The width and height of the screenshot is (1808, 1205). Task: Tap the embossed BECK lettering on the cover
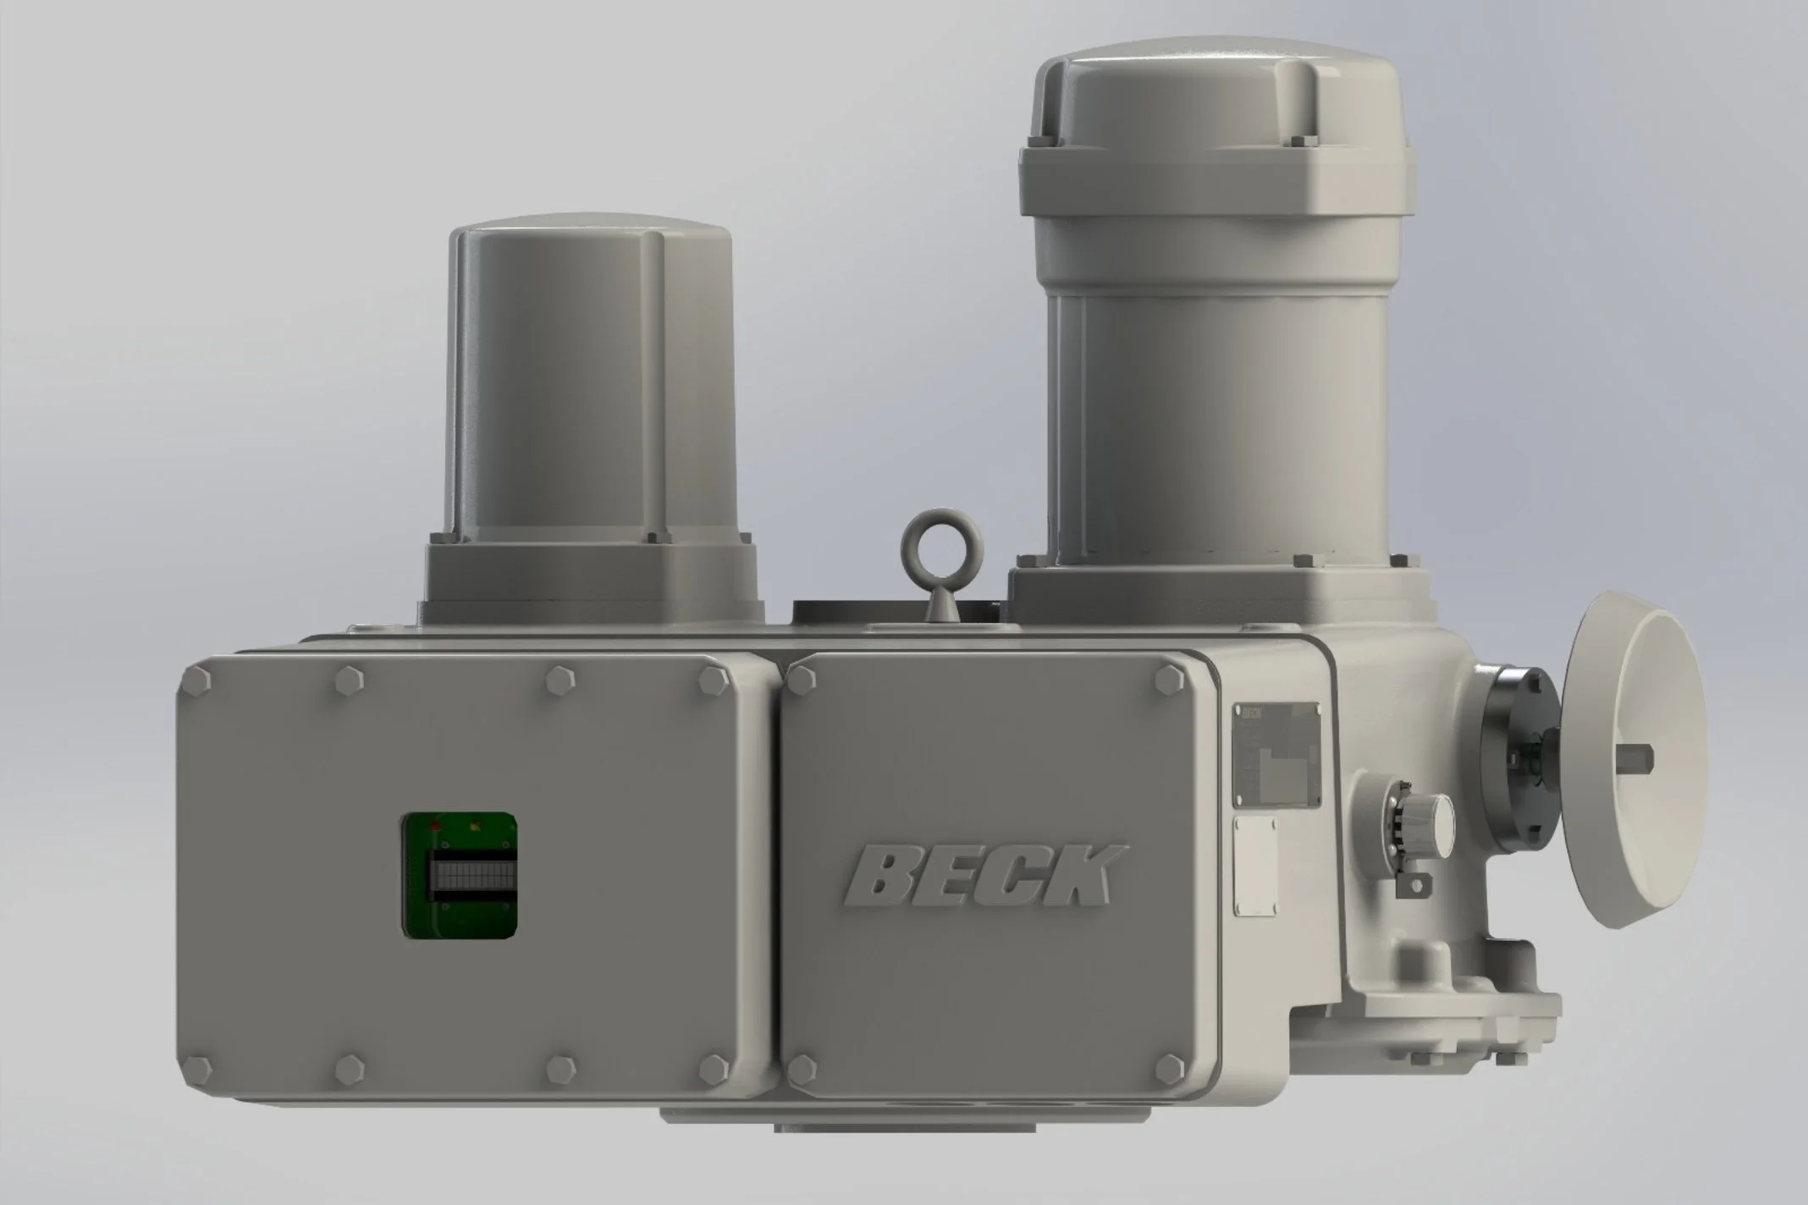click(x=985, y=875)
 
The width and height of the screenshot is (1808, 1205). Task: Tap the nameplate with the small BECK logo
click(x=1276, y=754)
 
